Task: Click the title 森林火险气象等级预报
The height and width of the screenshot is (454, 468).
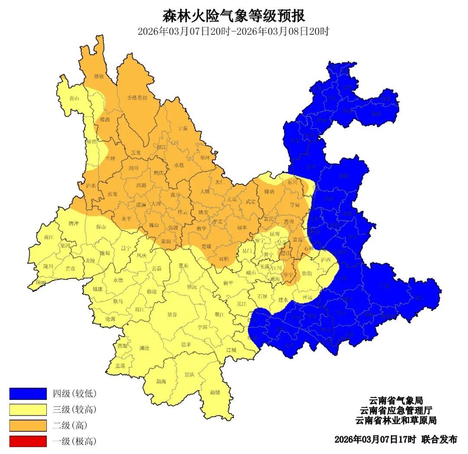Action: (234, 16)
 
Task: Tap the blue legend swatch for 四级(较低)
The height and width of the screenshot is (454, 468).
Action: (28, 393)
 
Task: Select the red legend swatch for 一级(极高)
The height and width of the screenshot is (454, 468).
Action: (28, 441)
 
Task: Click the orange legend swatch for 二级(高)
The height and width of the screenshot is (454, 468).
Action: (28, 425)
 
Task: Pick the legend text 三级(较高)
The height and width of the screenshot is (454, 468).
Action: (75, 409)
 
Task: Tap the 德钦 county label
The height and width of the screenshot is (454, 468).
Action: (99, 76)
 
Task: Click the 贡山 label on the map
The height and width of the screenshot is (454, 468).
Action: (75, 98)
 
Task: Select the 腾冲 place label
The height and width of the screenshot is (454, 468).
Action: (74, 223)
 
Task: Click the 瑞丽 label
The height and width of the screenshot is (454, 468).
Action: (40, 282)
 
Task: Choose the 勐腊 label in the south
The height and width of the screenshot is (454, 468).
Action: (215, 392)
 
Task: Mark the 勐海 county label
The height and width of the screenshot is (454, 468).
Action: (161, 382)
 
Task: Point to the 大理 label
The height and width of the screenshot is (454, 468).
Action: (156, 203)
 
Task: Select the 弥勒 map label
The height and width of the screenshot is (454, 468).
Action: (307, 273)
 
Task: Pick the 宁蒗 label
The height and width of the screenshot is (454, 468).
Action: (183, 128)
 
